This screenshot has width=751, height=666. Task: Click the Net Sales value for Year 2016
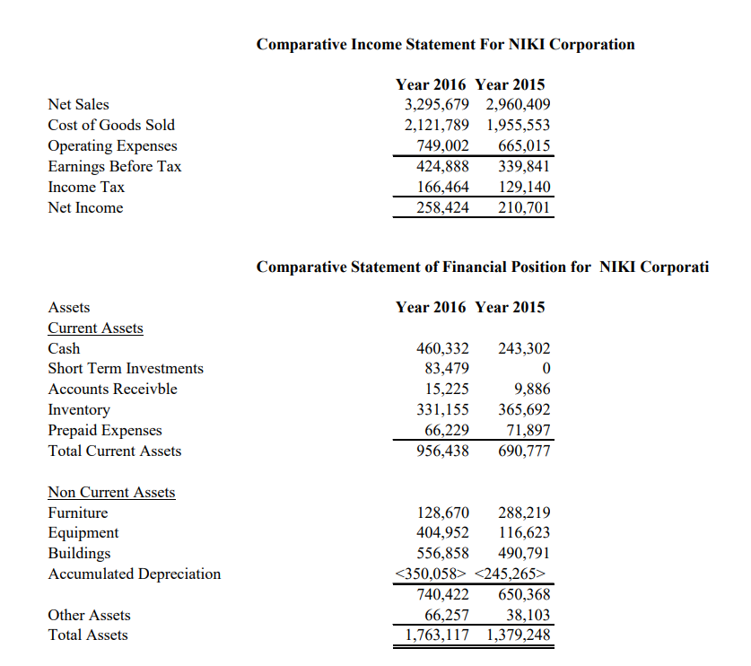(x=435, y=104)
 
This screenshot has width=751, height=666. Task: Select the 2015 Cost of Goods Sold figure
(x=519, y=125)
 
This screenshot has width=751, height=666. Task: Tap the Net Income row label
(x=85, y=207)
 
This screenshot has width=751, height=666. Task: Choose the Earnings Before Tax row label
(x=114, y=166)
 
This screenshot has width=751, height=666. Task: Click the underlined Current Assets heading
(x=95, y=328)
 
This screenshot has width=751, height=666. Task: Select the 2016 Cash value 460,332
(x=443, y=348)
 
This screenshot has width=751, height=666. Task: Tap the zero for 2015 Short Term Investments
(x=546, y=369)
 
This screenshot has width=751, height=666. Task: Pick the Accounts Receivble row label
(x=112, y=389)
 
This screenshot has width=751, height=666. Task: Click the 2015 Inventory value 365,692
(x=524, y=409)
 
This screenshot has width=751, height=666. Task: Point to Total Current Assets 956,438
(x=443, y=451)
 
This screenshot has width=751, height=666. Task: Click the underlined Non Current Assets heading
(x=111, y=492)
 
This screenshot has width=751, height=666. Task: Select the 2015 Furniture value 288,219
(x=524, y=513)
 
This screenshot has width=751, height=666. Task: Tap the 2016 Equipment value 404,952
(x=443, y=533)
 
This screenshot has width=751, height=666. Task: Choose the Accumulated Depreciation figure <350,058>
(x=432, y=574)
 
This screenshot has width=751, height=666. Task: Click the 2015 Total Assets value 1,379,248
(x=519, y=635)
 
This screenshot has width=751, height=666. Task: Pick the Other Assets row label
(x=89, y=615)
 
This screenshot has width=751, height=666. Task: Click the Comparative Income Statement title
(x=445, y=44)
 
